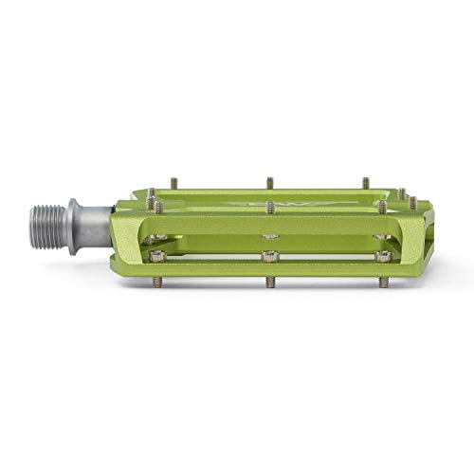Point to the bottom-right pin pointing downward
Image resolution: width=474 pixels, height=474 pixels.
(384, 282)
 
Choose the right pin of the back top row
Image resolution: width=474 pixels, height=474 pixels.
(365, 180)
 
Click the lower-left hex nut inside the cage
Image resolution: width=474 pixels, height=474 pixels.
(157, 255)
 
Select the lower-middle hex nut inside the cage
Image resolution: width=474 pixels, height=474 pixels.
(270, 256)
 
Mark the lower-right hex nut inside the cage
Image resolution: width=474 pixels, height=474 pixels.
(383, 256)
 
